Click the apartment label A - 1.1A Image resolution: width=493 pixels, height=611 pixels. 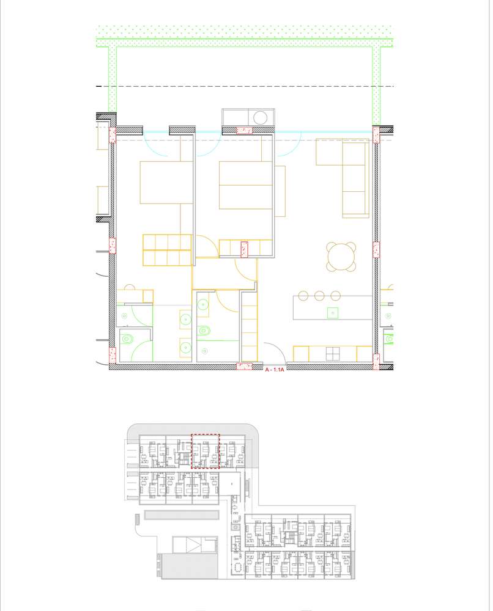pos(274,370)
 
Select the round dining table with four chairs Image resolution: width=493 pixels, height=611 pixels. pos(341,257)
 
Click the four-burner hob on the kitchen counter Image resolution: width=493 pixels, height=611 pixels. pos(333,354)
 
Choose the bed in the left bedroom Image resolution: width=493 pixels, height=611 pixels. pos(161,182)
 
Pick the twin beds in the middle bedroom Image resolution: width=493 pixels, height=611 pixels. pos(245,185)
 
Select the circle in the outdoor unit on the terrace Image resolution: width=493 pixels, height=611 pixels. pos(261,117)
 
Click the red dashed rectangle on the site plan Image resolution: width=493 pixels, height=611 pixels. pos(206,451)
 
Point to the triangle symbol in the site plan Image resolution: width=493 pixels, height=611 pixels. pos(195,545)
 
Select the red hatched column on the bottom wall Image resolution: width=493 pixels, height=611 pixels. pos(245,367)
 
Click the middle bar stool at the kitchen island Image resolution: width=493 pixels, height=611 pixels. pos(319,296)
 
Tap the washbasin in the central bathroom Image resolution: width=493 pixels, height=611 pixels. pos(204,305)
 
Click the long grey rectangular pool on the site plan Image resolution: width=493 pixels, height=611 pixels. pos(182,516)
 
